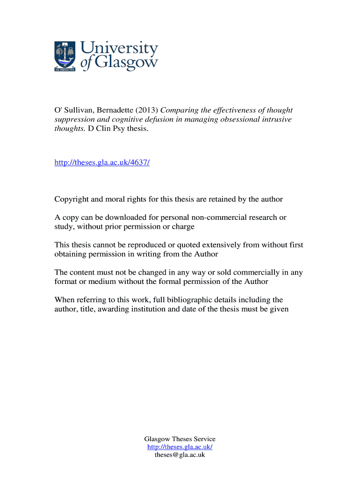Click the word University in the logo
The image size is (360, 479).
(120, 49)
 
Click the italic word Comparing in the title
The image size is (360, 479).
(180, 110)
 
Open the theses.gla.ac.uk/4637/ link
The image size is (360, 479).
(102, 162)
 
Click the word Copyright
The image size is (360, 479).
(72, 199)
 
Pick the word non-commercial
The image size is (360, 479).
(228, 218)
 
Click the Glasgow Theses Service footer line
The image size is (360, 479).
(180, 439)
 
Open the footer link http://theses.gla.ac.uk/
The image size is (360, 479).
(180, 447)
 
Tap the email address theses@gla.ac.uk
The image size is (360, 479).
(180, 455)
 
